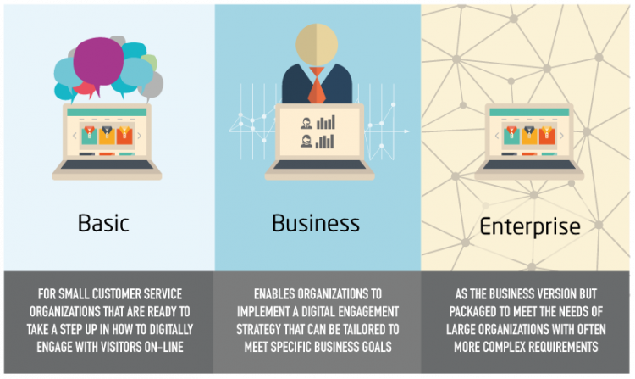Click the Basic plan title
pos(103,223)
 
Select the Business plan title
pos(316,223)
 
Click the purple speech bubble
pos(98,64)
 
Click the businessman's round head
pos(317,44)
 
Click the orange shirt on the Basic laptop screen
pos(124,136)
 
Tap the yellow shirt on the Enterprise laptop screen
pos(529,136)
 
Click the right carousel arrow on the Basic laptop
pos(140,136)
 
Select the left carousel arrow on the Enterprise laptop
pos(497,136)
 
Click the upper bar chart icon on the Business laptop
pos(326,122)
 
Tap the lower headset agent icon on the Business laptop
pos(306,141)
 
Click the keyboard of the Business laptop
pos(319,165)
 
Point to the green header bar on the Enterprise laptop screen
pos(529,112)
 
